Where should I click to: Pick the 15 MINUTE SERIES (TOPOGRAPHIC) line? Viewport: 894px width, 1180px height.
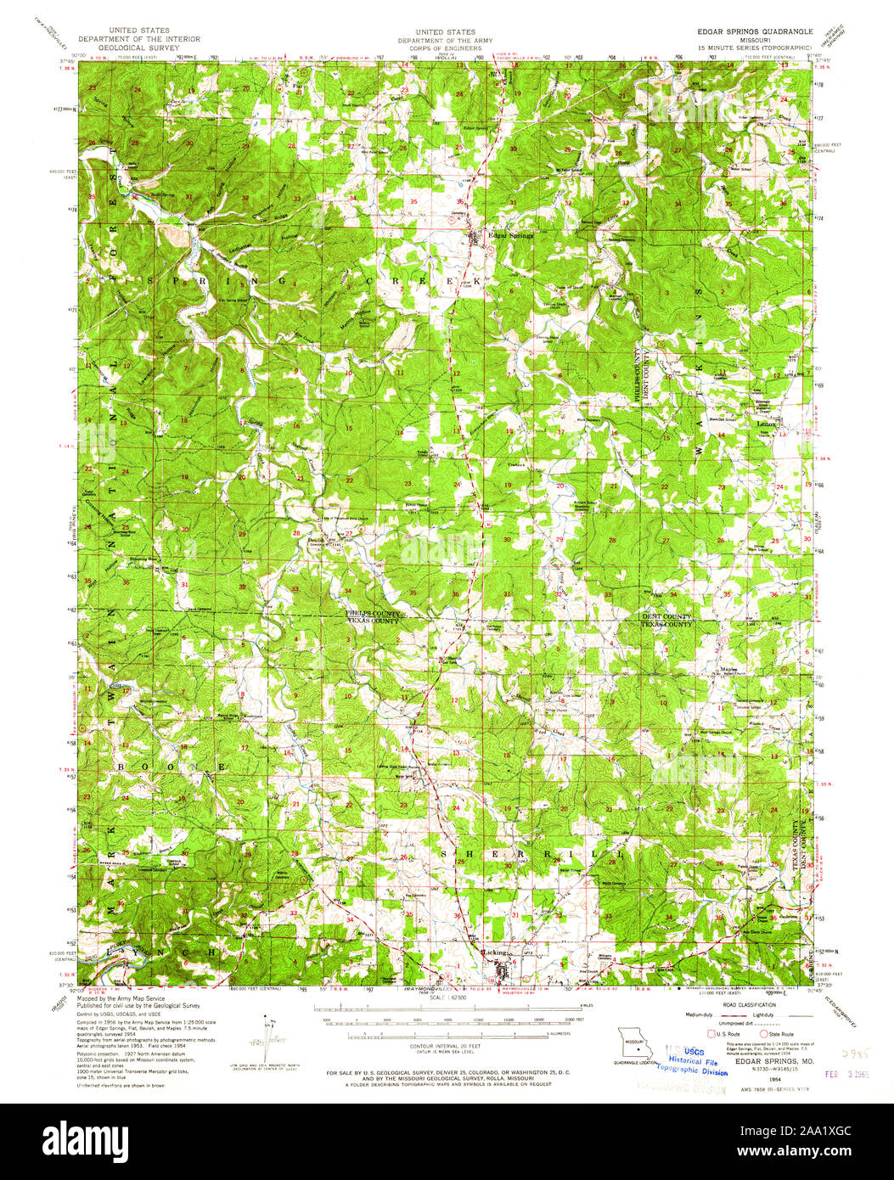pyautogui.click(x=752, y=47)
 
